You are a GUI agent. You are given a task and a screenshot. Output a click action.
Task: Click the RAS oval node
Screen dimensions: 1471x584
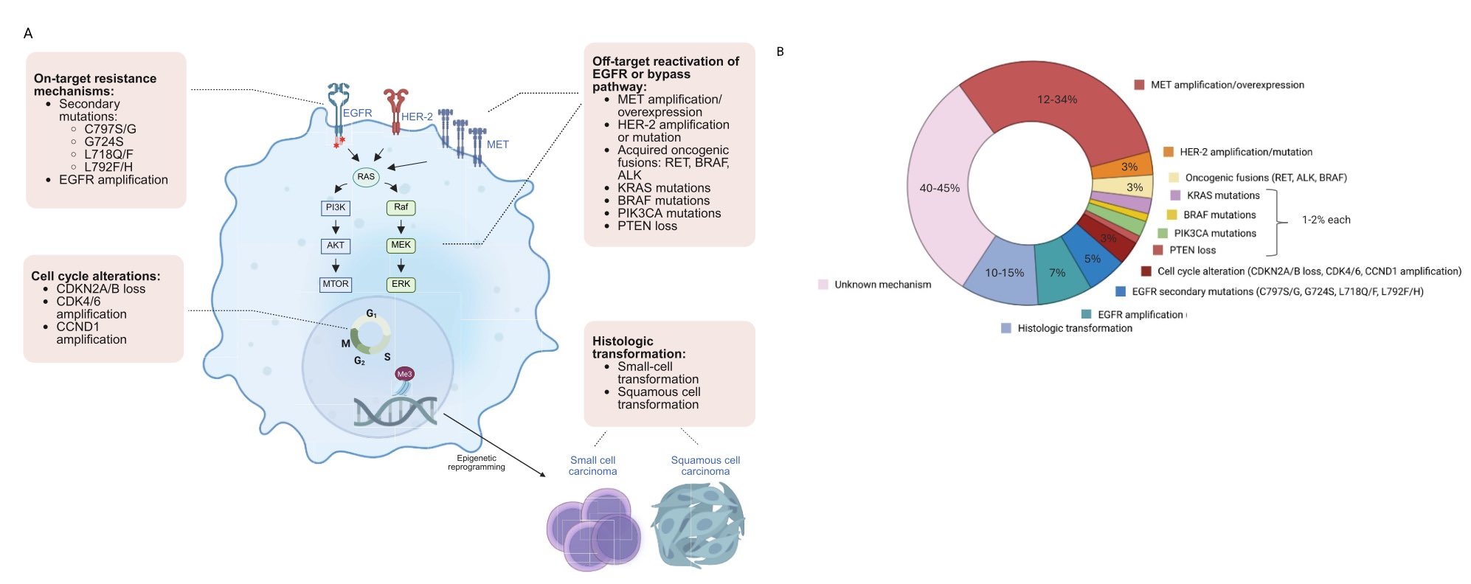[366, 177]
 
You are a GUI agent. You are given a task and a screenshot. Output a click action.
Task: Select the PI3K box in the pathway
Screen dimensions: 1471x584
[336, 208]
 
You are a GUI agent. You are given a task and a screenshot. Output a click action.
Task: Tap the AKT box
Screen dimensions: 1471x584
[336, 246]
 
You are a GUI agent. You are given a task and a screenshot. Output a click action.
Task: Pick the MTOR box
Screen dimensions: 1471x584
[336, 284]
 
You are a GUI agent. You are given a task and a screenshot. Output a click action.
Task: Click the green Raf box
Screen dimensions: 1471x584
[401, 208]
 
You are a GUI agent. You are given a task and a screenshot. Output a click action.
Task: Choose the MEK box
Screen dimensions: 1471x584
[401, 246]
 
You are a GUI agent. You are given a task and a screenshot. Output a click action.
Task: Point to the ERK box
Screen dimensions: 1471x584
[401, 284]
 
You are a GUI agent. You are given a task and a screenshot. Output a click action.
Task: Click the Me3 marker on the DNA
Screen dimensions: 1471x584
[404, 374]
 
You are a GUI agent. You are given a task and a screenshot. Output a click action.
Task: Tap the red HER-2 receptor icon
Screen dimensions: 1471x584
[396, 111]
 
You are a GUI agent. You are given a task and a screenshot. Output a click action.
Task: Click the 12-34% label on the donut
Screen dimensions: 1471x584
[1056, 100]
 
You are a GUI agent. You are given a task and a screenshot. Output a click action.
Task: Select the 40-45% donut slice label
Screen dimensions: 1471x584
[939, 188]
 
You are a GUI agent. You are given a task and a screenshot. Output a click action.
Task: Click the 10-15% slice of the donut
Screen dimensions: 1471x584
[1004, 273]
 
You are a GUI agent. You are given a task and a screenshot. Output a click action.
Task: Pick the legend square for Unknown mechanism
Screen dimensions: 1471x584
[823, 285]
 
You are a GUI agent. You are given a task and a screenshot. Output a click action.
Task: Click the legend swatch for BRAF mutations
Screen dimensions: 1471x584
[1171, 215]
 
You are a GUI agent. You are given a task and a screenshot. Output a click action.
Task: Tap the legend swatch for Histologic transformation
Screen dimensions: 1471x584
[1006, 328]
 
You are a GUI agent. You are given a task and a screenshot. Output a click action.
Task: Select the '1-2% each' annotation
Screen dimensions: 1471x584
[1326, 220]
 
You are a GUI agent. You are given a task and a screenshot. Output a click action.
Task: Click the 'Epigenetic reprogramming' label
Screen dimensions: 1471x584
[477, 462]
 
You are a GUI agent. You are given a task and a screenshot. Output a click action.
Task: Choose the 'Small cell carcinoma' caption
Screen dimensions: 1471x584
[592, 465]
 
